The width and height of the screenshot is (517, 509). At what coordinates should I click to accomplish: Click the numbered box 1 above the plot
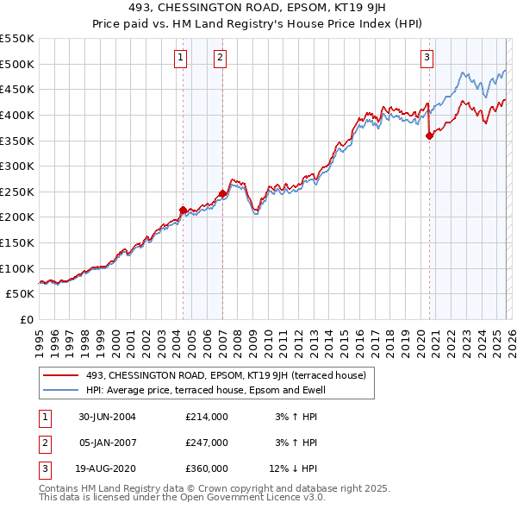(181, 58)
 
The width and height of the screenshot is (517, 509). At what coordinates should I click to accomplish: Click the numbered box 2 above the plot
(220, 58)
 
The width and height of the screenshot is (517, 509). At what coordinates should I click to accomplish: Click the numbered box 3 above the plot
(427, 58)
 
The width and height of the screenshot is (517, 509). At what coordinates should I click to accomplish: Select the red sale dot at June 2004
(183, 210)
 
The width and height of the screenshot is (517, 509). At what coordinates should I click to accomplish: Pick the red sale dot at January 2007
(222, 193)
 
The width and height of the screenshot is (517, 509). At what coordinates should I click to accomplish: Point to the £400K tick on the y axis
(17, 115)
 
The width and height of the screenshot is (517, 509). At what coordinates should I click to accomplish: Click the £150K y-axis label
(17, 242)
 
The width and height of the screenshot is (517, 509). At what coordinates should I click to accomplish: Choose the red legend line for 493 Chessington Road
(61, 375)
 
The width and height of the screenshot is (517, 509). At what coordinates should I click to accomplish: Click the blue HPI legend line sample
(61, 390)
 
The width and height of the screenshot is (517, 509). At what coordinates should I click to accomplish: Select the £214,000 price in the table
(207, 417)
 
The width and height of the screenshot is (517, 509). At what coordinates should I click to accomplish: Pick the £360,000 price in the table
(207, 468)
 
